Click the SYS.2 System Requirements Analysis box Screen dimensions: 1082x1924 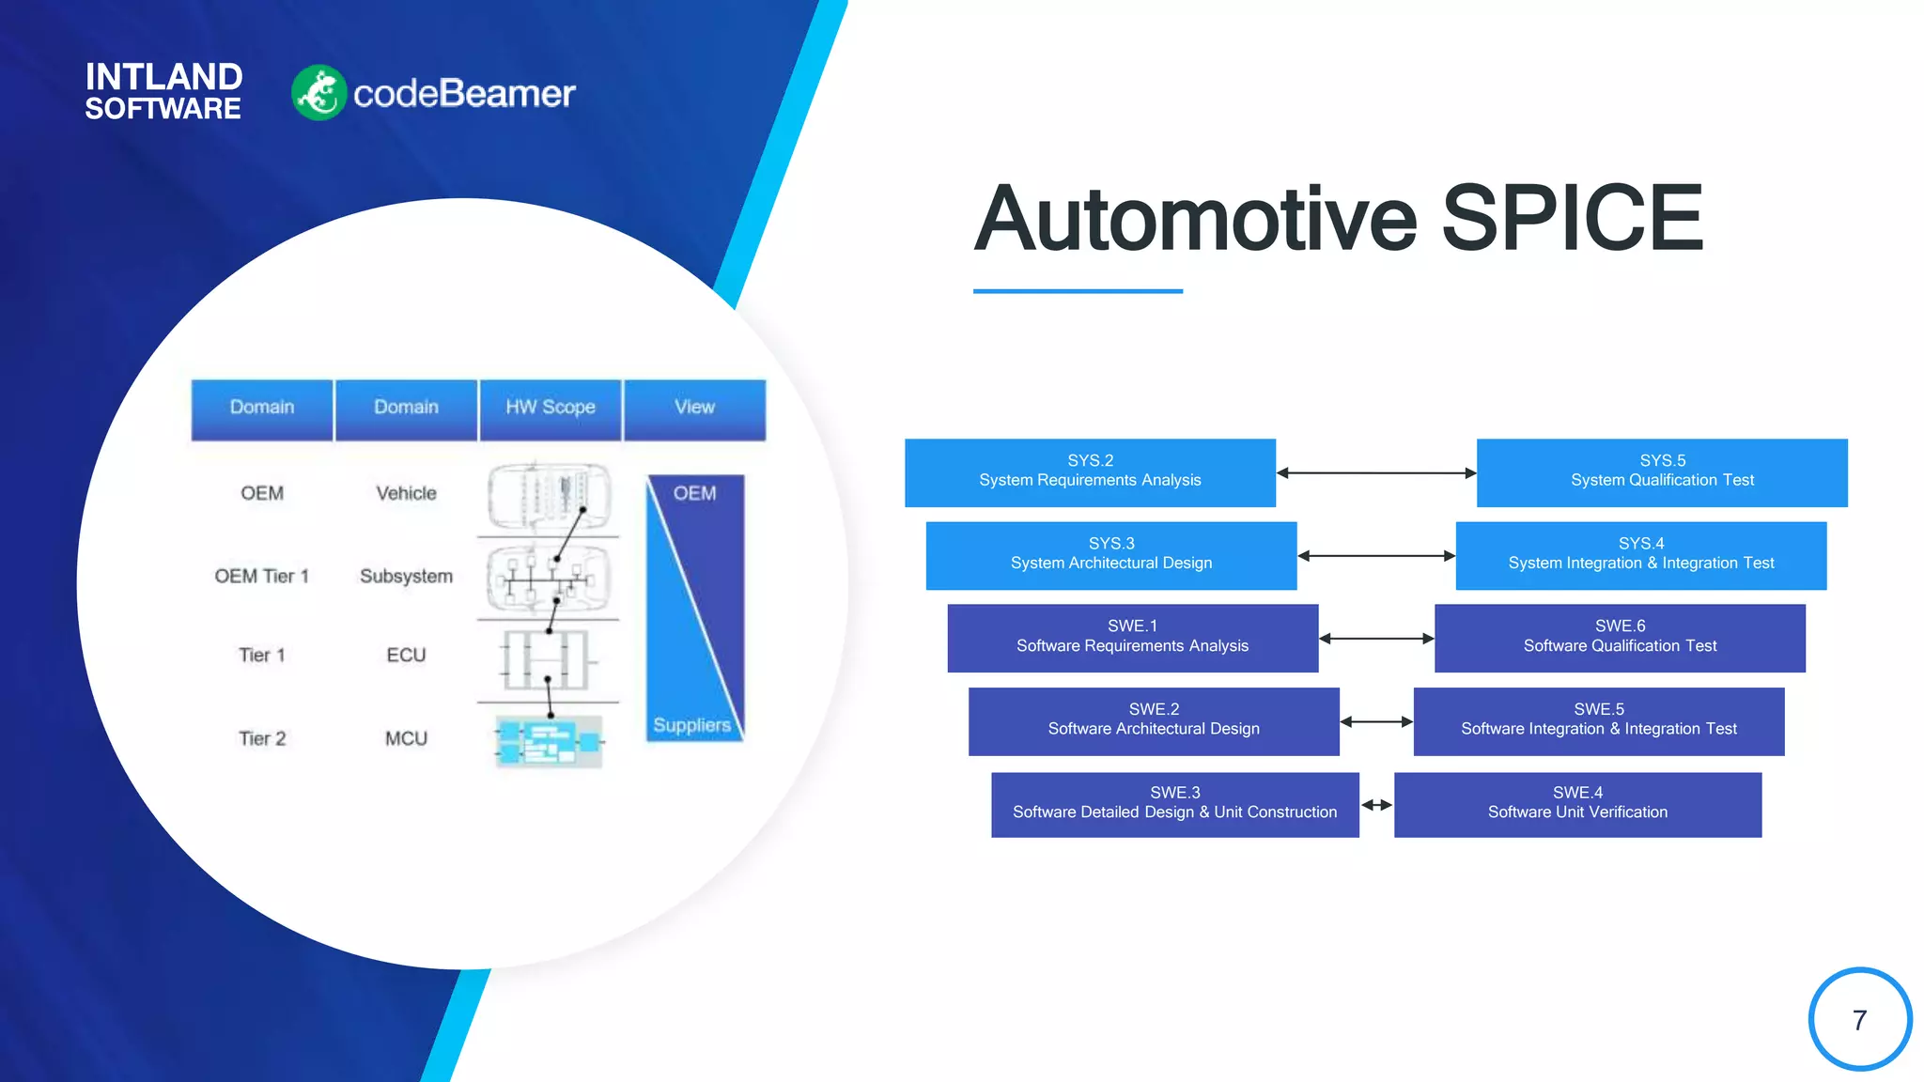click(1090, 472)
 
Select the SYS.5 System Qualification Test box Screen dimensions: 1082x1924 click(1661, 472)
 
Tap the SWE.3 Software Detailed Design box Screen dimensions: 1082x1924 click(1174, 804)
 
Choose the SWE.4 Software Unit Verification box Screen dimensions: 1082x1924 click(1577, 804)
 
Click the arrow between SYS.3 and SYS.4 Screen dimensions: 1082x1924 click(1375, 556)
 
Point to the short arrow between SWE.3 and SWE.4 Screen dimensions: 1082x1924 click(1376, 805)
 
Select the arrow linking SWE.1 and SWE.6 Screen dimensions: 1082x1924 click(1375, 639)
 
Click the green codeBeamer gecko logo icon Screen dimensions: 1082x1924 click(319, 93)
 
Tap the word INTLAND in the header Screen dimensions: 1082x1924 click(163, 76)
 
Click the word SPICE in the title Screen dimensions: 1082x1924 click(1572, 219)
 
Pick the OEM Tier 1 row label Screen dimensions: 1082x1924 click(261, 576)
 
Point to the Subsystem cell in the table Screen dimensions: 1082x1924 click(406, 576)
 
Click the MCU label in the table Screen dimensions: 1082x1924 click(406, 738)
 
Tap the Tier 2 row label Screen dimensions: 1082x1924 click(261, 738)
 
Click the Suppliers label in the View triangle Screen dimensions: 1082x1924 click(691, 725)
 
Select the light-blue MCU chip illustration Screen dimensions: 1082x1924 click(549, 741)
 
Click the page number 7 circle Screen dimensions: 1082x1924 click(1859, 1019)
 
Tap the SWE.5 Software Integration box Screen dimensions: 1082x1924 click(1598, 721)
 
